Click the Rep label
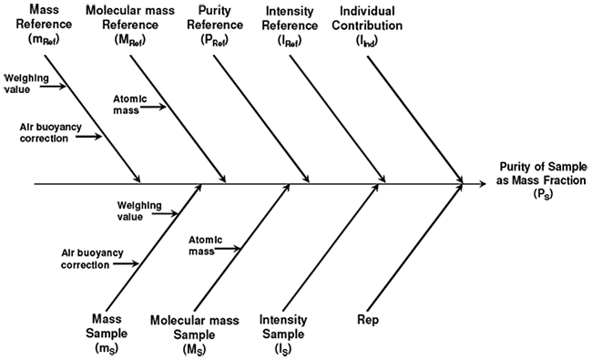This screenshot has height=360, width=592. (368, 321)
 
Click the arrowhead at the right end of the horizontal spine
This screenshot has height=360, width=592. (461, 184)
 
